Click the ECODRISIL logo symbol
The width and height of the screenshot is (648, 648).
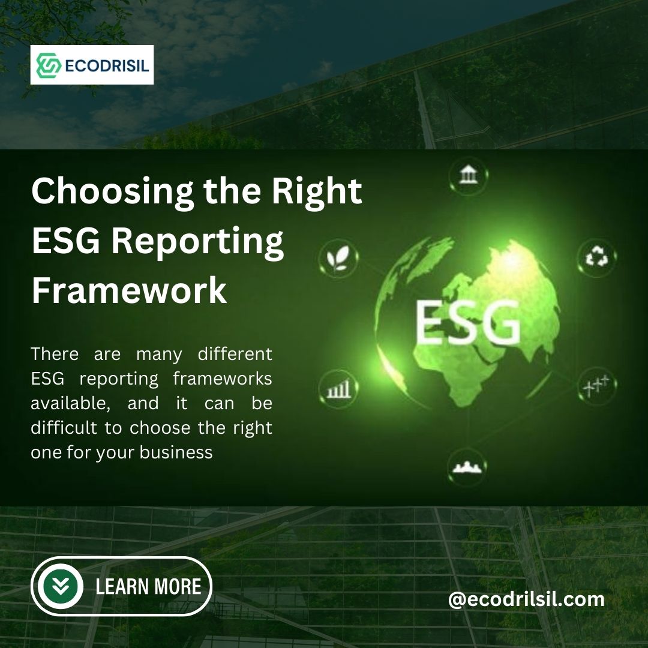pyautogui.click(x=49, y=65)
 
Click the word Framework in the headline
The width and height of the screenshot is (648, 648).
pyautogui.click(x=129, y=290)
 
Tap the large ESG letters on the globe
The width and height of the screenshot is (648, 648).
pyautogui.click(x=467, y=323)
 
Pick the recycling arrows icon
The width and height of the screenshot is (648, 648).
pyautogui.click(x=597, y=258)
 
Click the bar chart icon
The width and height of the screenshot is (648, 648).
pyautogui.click(x=337, y=389)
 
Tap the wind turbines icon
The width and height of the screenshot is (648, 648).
pyautogui.click(x=596, y=384)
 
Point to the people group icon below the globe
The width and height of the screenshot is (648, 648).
pyautogui.click(x=467, y=467)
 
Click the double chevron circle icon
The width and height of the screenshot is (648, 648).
pyautogui.click(x=61, y=586)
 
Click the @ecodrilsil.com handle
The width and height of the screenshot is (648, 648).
pyautogui.click(x=526, y=599)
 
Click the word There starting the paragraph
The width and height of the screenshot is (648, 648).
pyautogui.click(x=55, y=354)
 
